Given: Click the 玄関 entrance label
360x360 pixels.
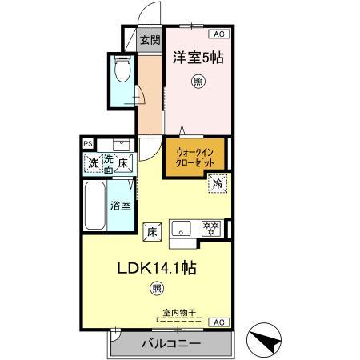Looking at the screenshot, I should coord(149,40).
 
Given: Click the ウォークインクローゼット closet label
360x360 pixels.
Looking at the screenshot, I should coord(194,156).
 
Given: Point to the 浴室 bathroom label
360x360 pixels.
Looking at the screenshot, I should coord(119,206).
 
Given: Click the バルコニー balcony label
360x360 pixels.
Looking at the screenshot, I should coord(170,344).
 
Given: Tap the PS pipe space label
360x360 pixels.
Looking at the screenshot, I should coord(87,145).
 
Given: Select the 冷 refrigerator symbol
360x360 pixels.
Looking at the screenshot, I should coord(218,183).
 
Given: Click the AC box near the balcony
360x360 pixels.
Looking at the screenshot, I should coord(217,322).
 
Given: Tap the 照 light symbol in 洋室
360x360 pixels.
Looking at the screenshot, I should coord(197,81).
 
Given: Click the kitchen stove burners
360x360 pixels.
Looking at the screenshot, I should coord(212,227).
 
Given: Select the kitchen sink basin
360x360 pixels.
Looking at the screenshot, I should coord(181,226).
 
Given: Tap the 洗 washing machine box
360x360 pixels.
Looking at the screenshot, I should coord(94,162).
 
